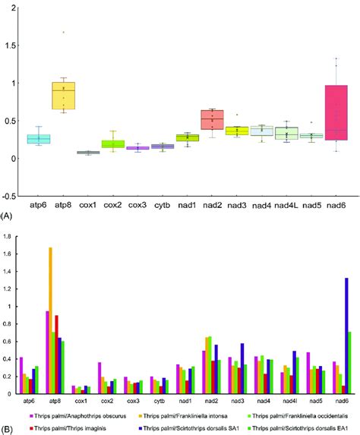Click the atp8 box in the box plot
(x=64, y=96)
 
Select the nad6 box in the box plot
(x=335, y=112)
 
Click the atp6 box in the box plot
(x=39, y=139)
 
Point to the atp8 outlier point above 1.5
(x=64, y=32)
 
